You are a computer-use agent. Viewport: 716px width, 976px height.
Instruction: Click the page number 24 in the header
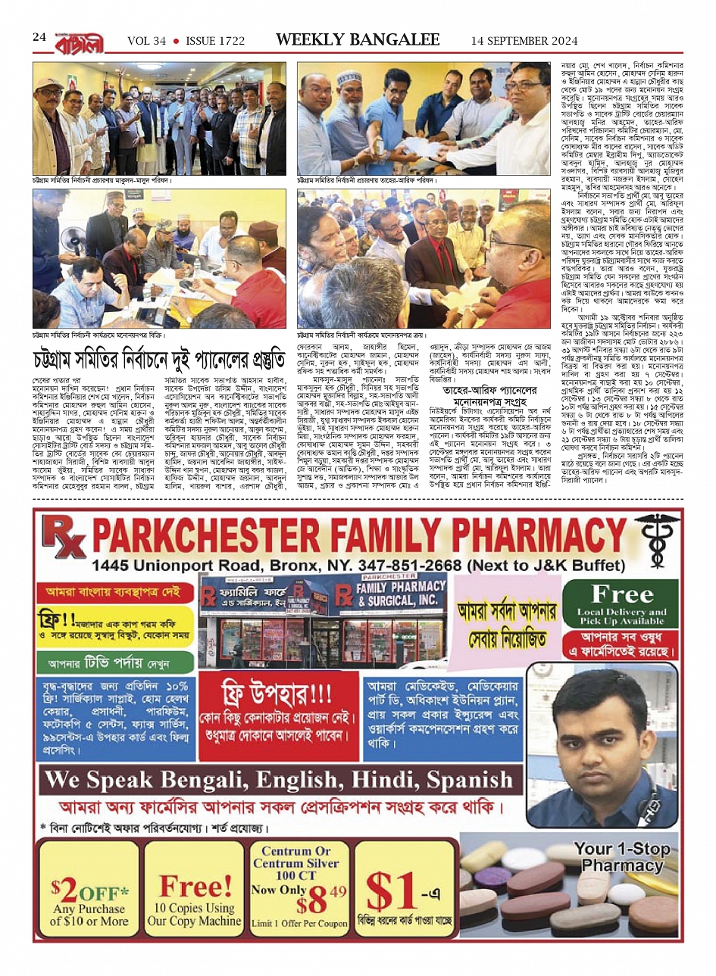coord(39,38)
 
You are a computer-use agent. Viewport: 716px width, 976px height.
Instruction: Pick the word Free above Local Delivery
coord(621,594)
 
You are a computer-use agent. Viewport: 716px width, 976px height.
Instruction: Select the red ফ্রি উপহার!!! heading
coord(276,692)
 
